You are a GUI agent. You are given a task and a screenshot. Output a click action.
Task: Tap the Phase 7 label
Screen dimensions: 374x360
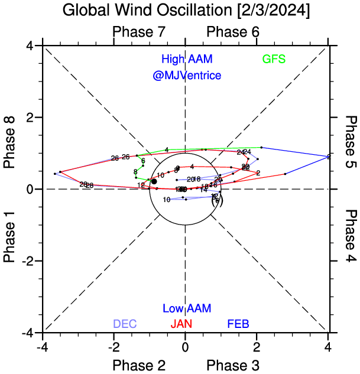click(x=138, y=32)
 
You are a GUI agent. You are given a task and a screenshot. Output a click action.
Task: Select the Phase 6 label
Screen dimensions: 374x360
click(x=233, y=32)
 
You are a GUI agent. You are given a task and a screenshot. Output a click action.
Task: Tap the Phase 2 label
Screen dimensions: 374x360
click(x=138, y=365)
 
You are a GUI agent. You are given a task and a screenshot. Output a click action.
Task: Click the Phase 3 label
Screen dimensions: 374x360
click(x=233, y=365)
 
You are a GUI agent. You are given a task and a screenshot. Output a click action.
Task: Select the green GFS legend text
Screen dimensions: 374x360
click(x=274, y=59)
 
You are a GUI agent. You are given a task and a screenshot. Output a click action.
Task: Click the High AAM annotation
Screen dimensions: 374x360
click(x=187, y=59)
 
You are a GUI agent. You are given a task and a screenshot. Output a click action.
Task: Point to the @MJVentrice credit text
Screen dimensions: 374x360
click(x=187, y=76)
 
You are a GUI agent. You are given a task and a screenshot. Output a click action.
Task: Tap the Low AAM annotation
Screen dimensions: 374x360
click(x=187, y=308)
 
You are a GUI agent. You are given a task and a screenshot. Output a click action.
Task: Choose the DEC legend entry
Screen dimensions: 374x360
click(x=125, y=324)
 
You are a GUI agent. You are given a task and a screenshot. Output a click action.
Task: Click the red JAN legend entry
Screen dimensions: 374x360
click(x=181, y=324)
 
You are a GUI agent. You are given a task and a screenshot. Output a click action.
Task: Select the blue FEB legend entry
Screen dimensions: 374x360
click(x=239, y=324)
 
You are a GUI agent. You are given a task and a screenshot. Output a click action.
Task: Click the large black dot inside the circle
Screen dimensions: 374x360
click(x=154, y=181)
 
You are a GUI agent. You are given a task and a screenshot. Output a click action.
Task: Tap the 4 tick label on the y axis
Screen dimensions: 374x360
click(x=28, y=45)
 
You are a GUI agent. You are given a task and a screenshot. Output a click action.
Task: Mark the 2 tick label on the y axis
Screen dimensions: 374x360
click(x=28, y=118)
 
